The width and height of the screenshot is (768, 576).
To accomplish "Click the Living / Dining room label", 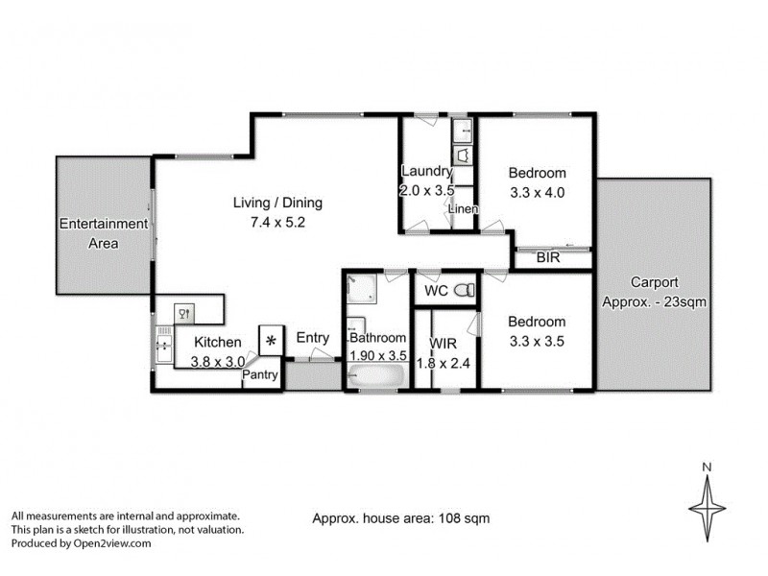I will [278, 203].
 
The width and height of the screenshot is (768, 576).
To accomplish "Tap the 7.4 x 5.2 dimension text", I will [278, 222].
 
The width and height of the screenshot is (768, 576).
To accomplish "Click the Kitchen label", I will [218, 342].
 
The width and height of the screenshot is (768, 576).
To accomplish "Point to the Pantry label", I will [259, 375].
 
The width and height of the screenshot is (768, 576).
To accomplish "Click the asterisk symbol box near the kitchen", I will [272, 341].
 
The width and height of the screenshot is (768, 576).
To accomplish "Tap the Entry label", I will [313, 338].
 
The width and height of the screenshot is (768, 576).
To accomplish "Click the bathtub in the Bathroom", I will [375, 379].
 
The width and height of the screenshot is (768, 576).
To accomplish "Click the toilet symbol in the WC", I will [464, 289].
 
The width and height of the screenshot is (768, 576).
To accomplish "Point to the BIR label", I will [549, 258].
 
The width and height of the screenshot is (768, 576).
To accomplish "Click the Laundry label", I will [425, 172].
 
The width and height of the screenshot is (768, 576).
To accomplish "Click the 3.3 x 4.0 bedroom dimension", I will [537, 192].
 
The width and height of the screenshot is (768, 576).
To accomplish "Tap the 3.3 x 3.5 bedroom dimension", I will [537, 340].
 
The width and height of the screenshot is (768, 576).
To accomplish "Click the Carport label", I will [655, 282].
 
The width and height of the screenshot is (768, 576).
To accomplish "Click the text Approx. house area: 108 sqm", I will [401, 518].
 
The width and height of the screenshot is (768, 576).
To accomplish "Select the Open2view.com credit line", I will [82, 542].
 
